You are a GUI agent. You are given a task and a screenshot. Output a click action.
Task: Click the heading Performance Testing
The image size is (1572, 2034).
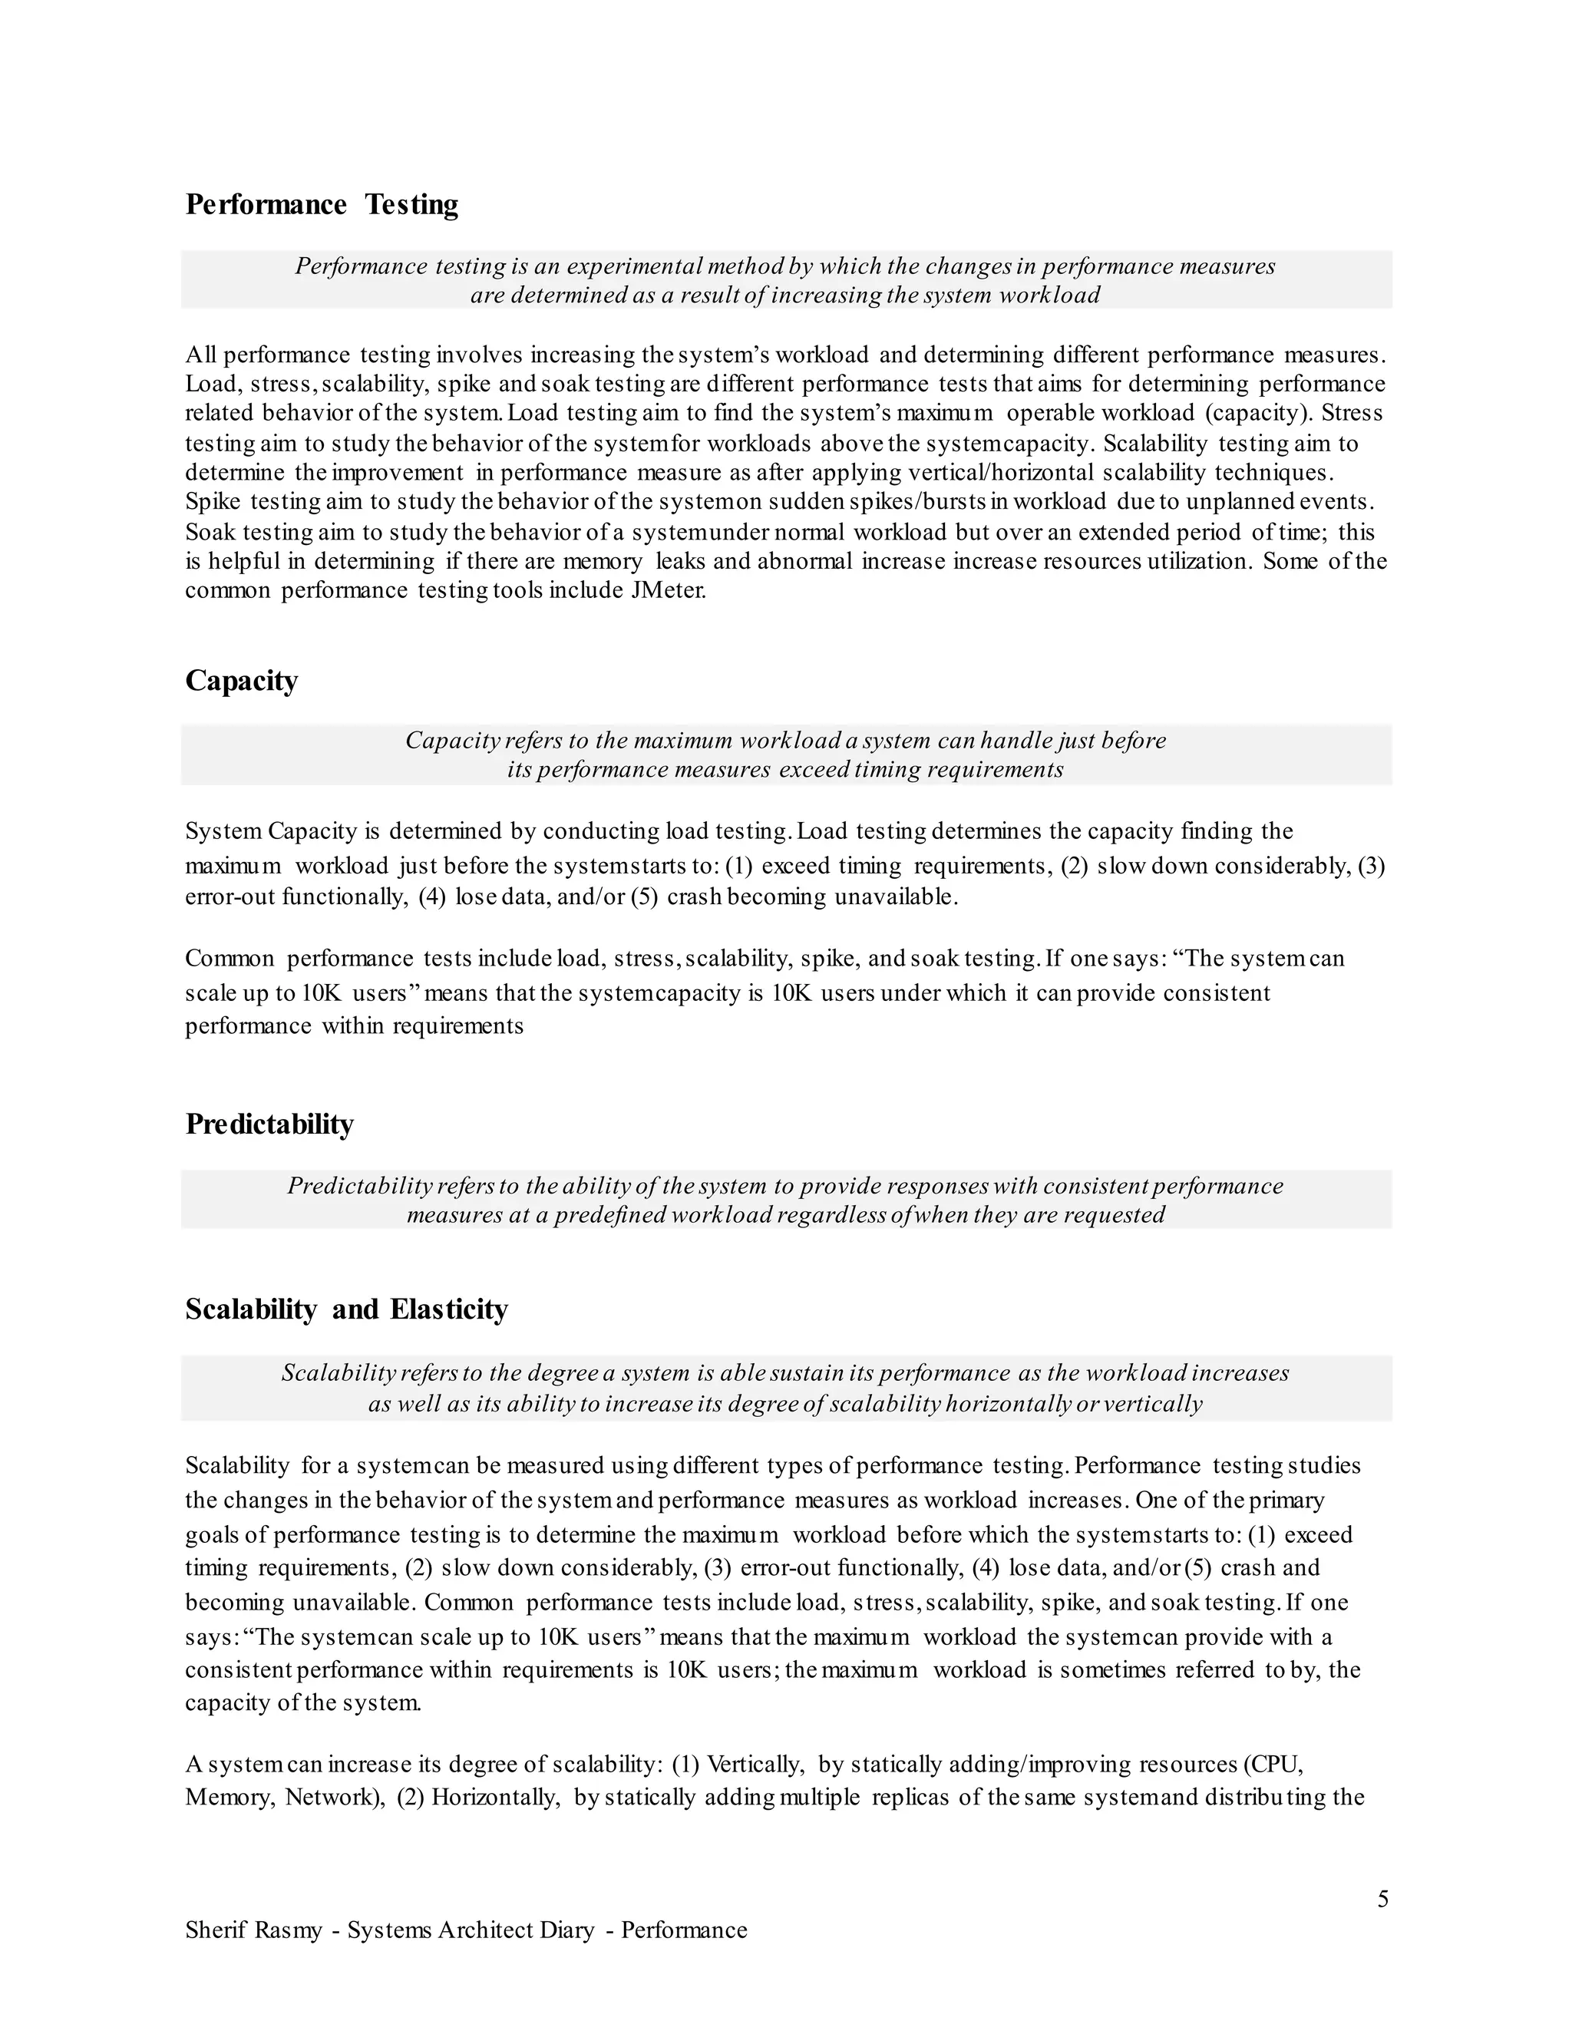(322, 205)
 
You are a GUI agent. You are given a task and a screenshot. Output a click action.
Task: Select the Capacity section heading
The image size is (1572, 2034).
(241, 681)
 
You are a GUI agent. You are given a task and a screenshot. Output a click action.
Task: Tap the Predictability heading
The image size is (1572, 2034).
(269, 1124)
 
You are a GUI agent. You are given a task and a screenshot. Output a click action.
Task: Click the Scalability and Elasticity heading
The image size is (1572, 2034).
(346, 1309)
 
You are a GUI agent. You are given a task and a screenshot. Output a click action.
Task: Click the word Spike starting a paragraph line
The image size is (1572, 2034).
(213, 502)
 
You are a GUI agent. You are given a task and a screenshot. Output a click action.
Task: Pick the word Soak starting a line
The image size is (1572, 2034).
(210, 533)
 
